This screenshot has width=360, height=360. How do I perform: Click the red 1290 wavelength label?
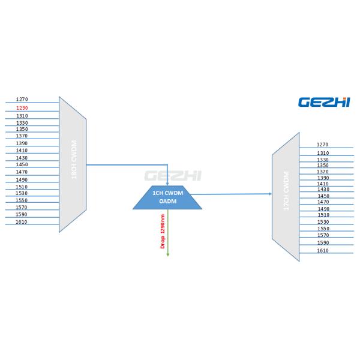pyautogui.click(x=22, y=107)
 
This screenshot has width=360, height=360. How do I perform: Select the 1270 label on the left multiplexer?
pyautogui.click(x=22, y=99)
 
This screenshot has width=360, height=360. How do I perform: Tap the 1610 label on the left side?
pyautogui.click(x=22, y=222)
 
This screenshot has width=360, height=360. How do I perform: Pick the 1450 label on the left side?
pyautogui.click(x=22, y=164)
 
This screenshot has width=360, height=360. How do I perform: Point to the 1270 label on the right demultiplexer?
pyautogui.click(x=323, y=145)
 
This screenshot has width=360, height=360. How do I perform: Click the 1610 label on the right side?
pyautogui.click(x=323, y=251)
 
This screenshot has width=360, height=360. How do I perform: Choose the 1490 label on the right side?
pyautogui.click(x=323, y=209)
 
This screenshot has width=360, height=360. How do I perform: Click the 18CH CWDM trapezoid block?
pyautogui.click(x=73, y=164)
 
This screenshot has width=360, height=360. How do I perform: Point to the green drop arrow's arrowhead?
pyautogui.click(x=167, y=254)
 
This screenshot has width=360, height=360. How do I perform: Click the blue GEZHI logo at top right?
pyautogui.click(x=324, y=102)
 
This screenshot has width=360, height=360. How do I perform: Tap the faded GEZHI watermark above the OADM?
pyautogui.click(x=173, y=176)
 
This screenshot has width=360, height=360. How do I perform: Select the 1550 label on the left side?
pyautogui.click(x=22, y=200)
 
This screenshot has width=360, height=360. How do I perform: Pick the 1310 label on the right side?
pyautogui.click(x=323, y=153)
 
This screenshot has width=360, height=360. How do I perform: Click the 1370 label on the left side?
pyautogui.click(x=22, y=136)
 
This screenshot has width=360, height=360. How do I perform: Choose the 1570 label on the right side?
pyautogui.click(x=323, y=235)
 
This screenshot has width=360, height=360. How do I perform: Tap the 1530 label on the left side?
pyautogui.click(x=22, y=193)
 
